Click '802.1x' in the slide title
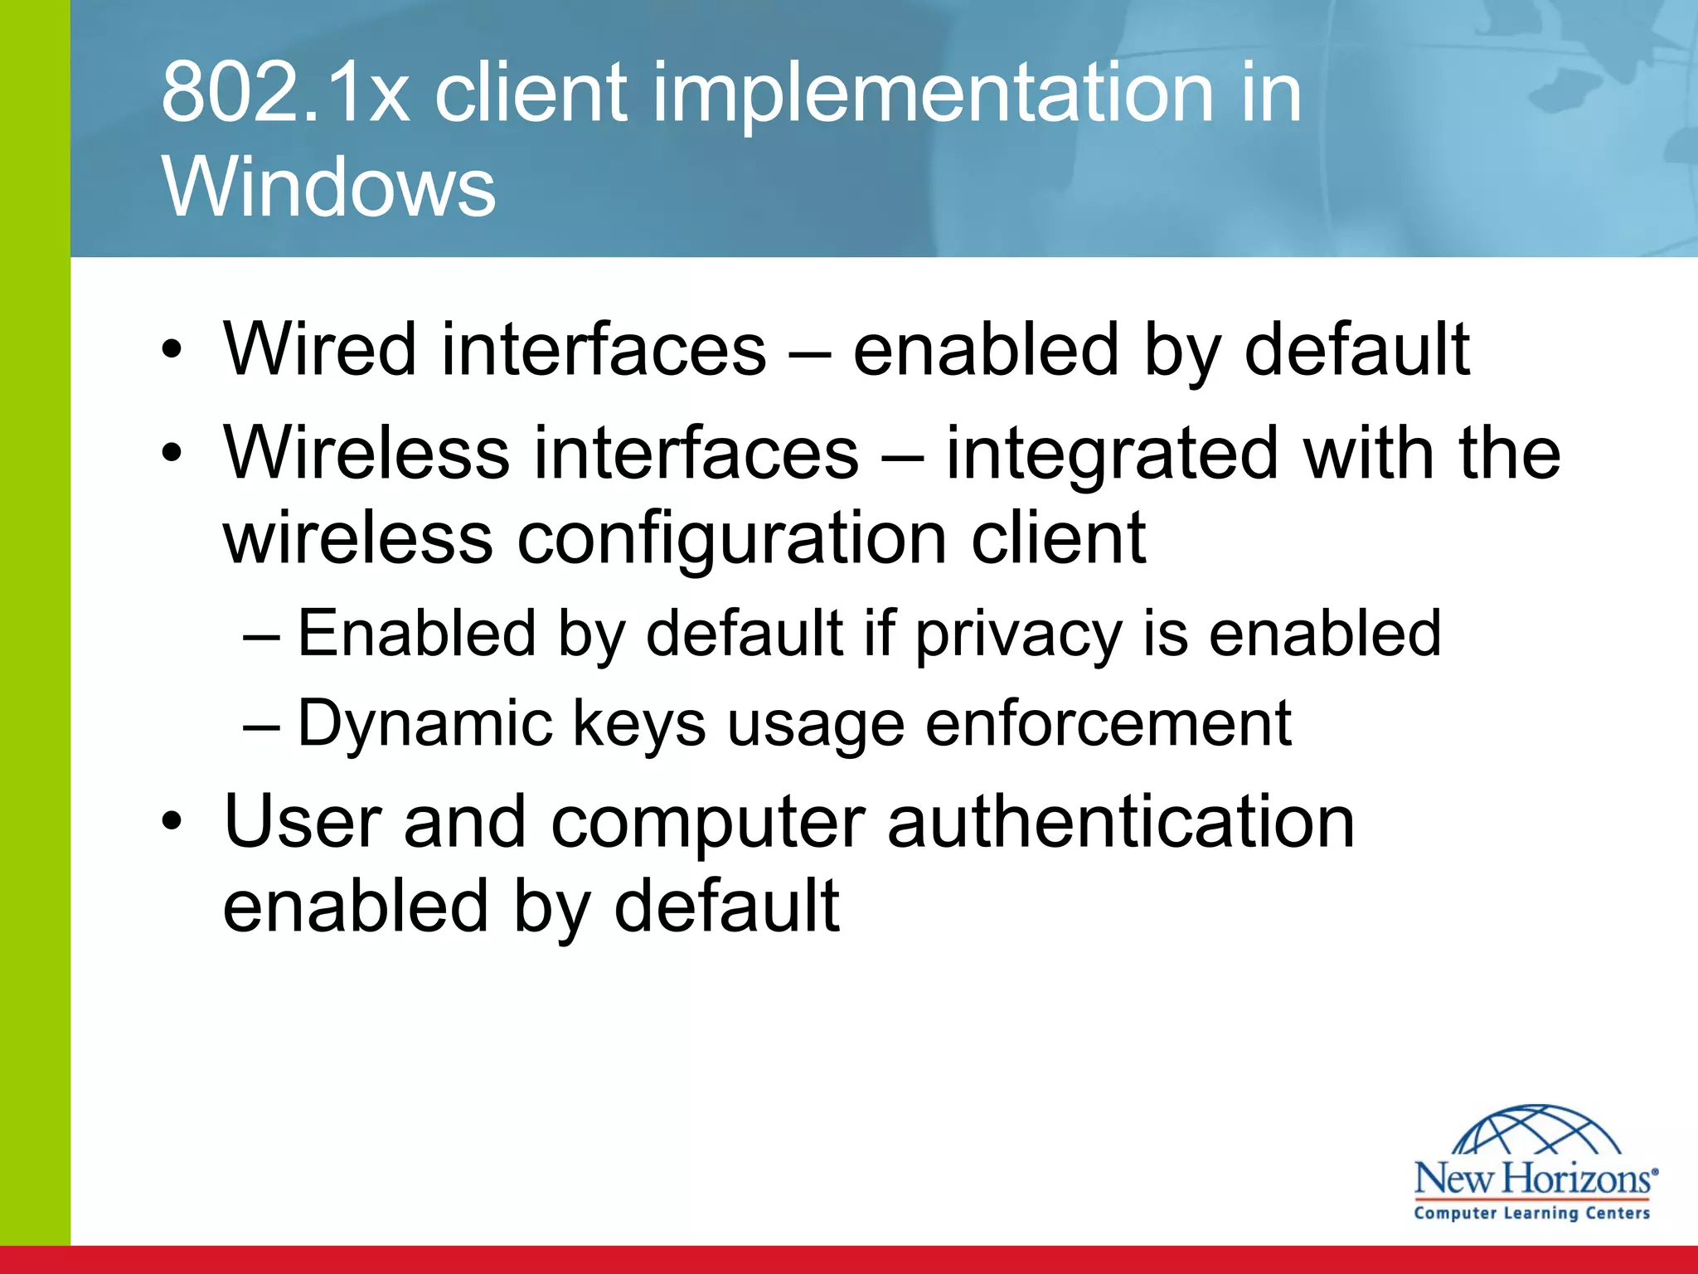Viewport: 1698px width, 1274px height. tap(284, 93)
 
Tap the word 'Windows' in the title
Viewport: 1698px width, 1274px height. tap(328, 187)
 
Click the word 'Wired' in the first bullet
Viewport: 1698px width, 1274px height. tap(319, 349)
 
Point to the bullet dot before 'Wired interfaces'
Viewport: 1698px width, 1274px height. tap(172, 352)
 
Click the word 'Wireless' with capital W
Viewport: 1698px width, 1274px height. tap(366, 453)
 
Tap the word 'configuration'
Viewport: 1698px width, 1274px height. tap(732, 538)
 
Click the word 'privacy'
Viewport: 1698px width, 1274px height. tap(1018, 635)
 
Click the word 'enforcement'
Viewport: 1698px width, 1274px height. tap(1108, 724)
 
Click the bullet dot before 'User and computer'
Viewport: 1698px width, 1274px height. tap(172, 824)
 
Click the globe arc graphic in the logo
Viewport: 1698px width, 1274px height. tap(1536, 1131)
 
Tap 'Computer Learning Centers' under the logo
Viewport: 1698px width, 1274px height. tap(1532, 1213)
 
